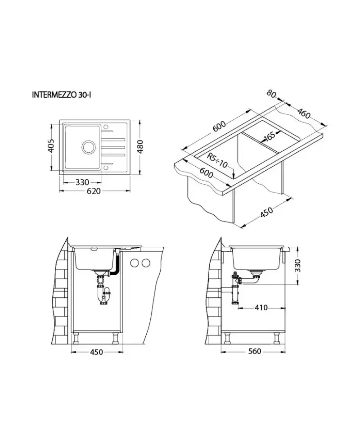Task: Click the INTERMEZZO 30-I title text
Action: pyautogui.click(x=62, y=95)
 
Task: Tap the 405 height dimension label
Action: pyautogui.click(x=50, y=145)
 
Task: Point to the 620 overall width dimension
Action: pyautogui.click(x=94, y=191)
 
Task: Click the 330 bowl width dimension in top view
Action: pyautogui.click(x=82, y=182)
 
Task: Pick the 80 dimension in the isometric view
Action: pyautogui.click(x=271, y=94)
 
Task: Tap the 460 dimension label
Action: pyautogui.click(x=304, y=113)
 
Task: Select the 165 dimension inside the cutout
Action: pyautogui.click(x=270, y=136)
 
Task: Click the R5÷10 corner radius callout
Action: pyautogui.click(x=217, y=161)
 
